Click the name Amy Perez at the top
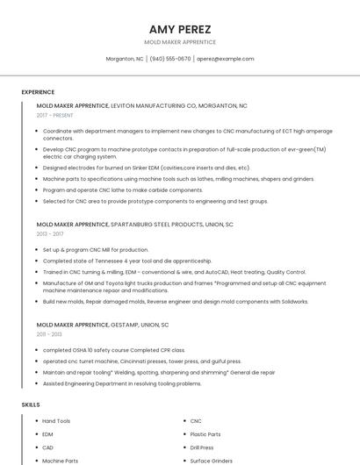click(x=180, y=29)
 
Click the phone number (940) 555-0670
click(x=170, y=59)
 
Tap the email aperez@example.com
click(x=226, y=59)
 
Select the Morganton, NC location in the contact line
click(x=125, y=59)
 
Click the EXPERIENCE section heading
click(x=38, y=92)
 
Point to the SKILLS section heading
click(x=31, y=404)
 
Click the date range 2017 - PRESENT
click(x=55, y=115)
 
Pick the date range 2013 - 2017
click(x=50, y=234)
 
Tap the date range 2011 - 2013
click(x=49, y=334)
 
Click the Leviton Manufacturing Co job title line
click(x=142, y=105)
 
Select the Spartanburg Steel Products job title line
click(x=135, y=225)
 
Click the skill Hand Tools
click(x=56, y=421)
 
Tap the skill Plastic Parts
click(x=205, y=434)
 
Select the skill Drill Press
click(x=202, y=447)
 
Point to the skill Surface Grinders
click(x=212, y=461)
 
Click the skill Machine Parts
click(x=60, y=461)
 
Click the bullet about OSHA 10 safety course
click(x=114, y=350)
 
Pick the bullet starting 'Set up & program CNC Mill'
click(x=96, y=250)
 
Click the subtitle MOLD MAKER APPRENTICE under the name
click(x=180, y=42)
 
